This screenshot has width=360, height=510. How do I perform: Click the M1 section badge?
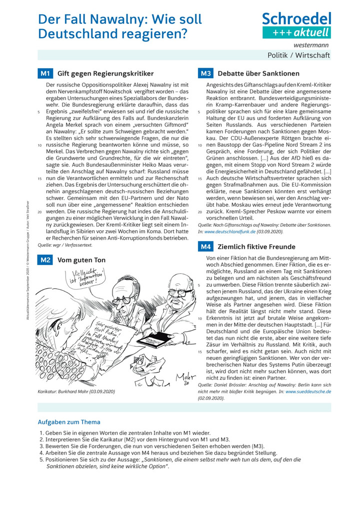coord(45,73)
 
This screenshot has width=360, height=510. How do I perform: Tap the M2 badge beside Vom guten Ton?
coord(45,260)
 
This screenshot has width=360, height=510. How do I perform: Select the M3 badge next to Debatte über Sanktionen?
coord(205,73)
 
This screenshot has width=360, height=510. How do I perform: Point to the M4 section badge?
coord(205,246)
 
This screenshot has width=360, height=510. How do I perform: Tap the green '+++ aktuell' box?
coord(296,33)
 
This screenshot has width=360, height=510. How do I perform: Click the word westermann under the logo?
coord(314,45)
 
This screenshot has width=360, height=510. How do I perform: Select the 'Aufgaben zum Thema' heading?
coord(69,422)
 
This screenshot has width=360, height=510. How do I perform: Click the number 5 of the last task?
coord(41,459)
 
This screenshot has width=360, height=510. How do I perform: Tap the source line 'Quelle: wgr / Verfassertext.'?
coord(65,245)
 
